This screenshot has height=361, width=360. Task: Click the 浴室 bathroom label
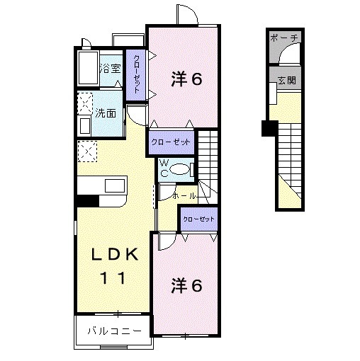pyautogui.click(x=110, y=69)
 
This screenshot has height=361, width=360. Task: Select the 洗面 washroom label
pyautogui.click(x=106, y=113)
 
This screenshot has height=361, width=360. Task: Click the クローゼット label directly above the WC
pyautogui.click(x=171, y=142)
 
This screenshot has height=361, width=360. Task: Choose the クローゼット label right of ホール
pyautogui.click(x=198, y=219)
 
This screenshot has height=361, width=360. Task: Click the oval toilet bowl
pyautogui.click(x=181, y=168)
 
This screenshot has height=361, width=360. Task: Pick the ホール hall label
pyautogui.click(x=184, y=193)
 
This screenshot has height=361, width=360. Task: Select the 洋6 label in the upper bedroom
pyautogui.click(x=187, y=79)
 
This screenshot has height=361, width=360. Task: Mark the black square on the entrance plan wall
pyautogui.click(x=269, y=128)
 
